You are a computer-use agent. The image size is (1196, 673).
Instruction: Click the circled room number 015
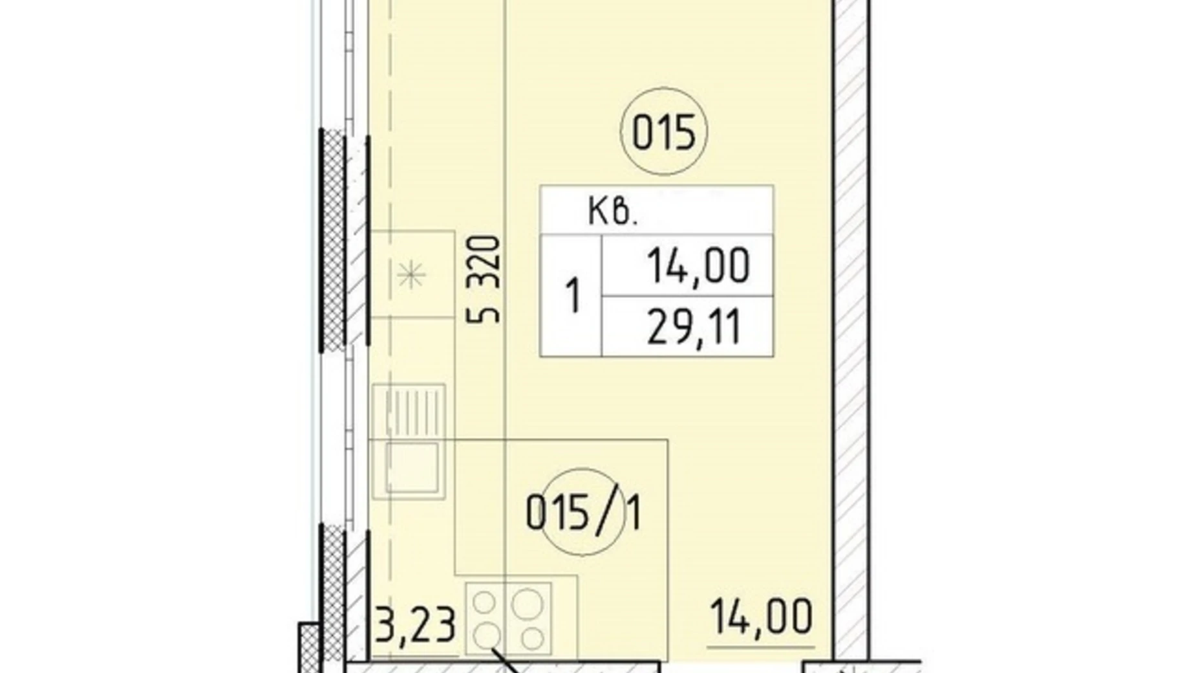coord(663,131)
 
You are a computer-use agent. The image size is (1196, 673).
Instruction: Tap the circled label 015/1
coord(584,513)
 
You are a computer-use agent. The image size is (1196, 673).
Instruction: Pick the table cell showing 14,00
coord(698,265)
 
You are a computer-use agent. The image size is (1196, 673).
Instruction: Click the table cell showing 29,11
coord(694,326)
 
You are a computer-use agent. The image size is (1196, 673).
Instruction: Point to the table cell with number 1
coord(572,296)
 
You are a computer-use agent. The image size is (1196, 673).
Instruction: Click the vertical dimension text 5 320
coord(484,280)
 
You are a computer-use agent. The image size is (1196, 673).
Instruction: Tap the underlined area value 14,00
coord(761,616)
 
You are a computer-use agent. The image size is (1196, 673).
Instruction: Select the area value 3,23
coord(416,624)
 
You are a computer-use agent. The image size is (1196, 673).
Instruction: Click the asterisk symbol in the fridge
coord(411,276)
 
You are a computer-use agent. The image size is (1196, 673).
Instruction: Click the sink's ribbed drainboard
coord(409,411)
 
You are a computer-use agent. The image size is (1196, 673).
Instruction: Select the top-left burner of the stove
coord(484,602)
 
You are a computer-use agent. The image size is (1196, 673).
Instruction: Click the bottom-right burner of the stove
coord(532,639)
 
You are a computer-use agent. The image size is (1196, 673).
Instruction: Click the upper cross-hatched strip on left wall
coord(332,241)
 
